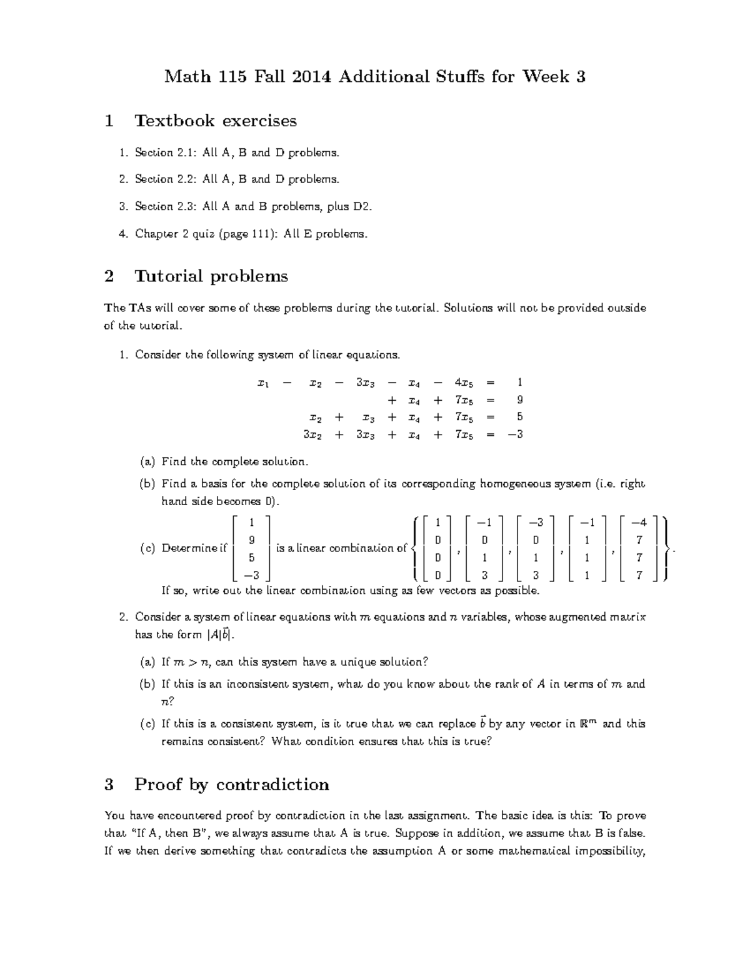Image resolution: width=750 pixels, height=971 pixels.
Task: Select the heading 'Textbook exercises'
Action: tap(216, 121)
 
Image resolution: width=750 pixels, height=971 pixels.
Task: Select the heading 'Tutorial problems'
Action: tap(211, 276)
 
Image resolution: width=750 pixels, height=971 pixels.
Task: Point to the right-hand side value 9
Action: tap(519, 400)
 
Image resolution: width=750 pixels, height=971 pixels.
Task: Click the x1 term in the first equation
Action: tap(263, 382)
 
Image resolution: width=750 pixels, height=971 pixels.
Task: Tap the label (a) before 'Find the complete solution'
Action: tap(147, 462)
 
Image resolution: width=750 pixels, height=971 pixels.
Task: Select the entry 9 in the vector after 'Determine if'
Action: tap(251, 540)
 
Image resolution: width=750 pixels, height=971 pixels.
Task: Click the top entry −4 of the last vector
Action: tap(639, 522)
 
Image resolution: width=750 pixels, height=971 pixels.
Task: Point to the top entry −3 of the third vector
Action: tap(536, 522)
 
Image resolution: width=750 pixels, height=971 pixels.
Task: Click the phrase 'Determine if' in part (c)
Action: tap(194, 548)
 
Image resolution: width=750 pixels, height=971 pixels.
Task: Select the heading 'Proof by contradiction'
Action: tap(231, 785)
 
